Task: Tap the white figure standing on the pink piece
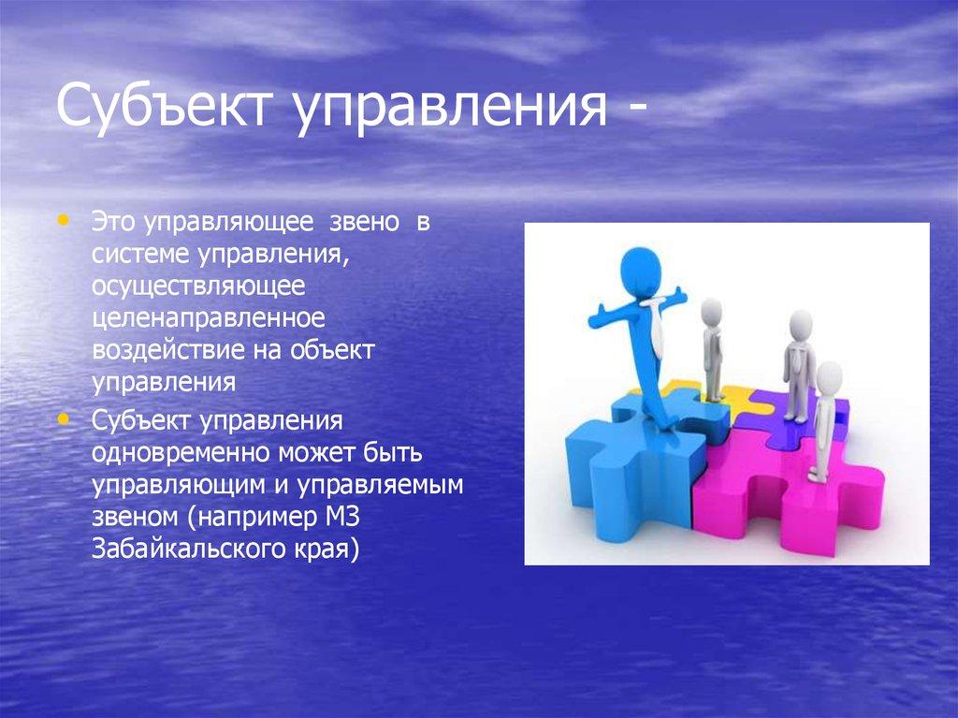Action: click(x=824, y=421)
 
